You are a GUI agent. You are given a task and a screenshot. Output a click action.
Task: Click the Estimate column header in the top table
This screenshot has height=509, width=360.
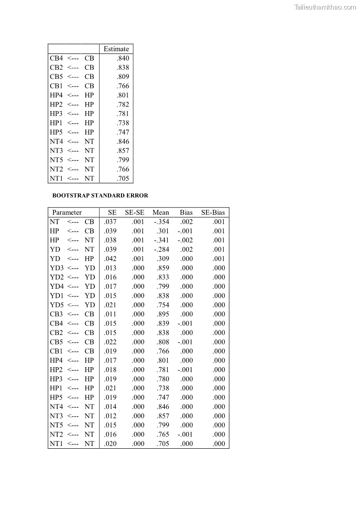click(116, 49)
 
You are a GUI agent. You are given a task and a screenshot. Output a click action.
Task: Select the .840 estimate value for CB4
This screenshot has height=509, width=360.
click(122, 58)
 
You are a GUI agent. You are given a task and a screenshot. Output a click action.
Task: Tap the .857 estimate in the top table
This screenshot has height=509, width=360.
click(122, 150)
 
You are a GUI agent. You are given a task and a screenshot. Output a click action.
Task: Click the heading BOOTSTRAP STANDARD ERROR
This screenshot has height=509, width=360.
click(100, 196)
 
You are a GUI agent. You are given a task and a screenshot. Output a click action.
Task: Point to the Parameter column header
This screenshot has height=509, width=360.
click(67, 213)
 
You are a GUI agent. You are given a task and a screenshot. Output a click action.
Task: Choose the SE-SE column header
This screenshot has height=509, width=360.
click(135, 213)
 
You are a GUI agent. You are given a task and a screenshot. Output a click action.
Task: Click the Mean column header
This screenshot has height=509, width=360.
click(161, 213)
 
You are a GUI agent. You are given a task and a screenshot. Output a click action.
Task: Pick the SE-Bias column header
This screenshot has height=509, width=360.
click(213, 213)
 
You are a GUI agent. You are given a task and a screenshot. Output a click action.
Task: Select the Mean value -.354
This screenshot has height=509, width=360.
click(161, 222)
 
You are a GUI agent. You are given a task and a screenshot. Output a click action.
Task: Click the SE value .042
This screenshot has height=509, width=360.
click(110, 259)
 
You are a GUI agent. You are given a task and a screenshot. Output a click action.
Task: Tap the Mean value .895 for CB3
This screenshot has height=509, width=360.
click(162, 314)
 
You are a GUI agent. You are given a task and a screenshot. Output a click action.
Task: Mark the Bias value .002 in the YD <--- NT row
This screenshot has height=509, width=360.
click(186, 249)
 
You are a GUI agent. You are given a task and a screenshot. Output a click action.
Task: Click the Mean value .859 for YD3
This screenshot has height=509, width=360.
click(162, 268)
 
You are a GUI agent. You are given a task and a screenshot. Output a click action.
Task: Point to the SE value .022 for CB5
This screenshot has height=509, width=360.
click(110, 342)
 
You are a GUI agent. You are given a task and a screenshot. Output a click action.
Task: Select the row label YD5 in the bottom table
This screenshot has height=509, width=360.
click(57, 305)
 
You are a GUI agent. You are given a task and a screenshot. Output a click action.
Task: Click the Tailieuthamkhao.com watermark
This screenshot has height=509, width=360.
click(325, 7)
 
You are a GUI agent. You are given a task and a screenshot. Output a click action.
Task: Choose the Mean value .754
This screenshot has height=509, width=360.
click(162, 305)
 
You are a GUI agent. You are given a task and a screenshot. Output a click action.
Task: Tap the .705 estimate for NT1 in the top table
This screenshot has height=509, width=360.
click(122, 179)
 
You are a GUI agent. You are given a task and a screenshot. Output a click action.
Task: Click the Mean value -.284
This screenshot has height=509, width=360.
click(161, 249)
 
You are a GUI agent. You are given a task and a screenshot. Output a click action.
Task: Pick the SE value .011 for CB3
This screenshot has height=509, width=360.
click(110, 314)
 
